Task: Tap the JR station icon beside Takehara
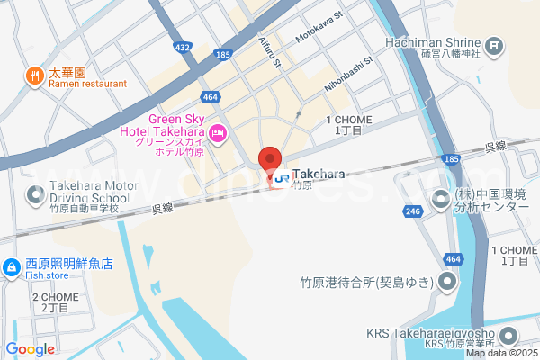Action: pyautogui.click(x=283, y=178)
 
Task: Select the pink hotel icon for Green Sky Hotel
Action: pyautogui.click(x=218, y=135)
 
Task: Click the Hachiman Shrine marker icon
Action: pyautogui.click(x=494, y=45)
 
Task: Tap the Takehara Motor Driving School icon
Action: pyautogui.click(x=35, y=193)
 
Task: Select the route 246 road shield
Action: pyautogui.click(x=413, y=211)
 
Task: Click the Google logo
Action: pyautogui.click(x=30, y=348)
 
